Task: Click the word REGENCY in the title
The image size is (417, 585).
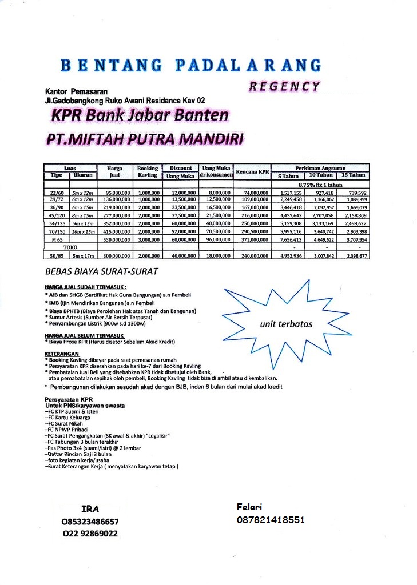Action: (284, 86)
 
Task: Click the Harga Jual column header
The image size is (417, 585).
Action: (114, 172)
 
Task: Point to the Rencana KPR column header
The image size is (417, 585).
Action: (252, 172)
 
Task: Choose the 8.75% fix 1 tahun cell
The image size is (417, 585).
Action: (320, 185)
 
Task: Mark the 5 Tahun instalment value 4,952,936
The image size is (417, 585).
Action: (289, 257)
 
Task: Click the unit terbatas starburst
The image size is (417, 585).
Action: (286, 324)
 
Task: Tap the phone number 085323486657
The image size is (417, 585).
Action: (90, 522)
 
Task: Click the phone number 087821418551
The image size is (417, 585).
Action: (270, 520)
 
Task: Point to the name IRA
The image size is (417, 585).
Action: (90, 508)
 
